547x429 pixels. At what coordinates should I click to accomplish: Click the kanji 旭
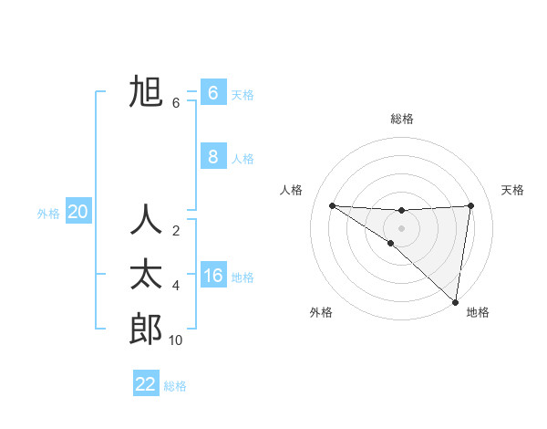point(146,92)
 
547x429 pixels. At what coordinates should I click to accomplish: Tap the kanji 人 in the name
point(146,221)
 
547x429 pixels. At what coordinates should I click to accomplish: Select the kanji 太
point(146,275)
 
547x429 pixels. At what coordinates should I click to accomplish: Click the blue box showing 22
point(146,384)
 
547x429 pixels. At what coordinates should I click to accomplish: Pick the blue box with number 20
point(77,213)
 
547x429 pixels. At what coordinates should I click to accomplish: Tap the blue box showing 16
point(212,276)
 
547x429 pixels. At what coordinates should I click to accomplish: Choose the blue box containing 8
point(212,157)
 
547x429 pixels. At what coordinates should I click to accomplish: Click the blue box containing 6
point(212,93)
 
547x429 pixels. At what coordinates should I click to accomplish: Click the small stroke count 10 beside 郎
point(176,340)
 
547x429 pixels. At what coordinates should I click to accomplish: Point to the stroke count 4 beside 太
point(176,286)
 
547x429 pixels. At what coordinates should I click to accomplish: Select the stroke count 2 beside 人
point(176,231)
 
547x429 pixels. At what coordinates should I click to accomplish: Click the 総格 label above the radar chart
point(402,119)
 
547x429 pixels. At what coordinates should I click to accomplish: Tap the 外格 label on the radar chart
point(321,313)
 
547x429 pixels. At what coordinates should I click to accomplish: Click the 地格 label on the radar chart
point(478,313)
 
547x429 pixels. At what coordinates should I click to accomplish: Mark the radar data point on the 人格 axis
point(332,205)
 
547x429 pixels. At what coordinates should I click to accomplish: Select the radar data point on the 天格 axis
point(471,205)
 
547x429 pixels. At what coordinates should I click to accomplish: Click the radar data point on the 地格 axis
point(455,302)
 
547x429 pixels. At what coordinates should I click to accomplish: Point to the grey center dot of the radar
point(402,227)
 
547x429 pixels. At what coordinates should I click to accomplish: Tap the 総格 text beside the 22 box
point(175,386)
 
